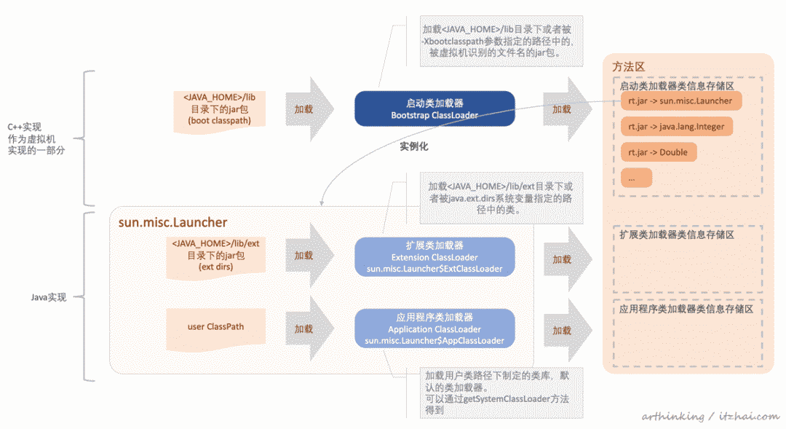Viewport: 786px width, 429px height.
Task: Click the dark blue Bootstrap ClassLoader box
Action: click(x=434, y=109)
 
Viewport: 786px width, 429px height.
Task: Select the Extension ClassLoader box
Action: click(x=434, y=257)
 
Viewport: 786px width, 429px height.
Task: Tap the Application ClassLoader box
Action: click(x=434, y=328)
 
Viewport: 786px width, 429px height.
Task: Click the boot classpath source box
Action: click(x=220, y=111)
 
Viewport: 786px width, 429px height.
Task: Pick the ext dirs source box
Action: click(x=215, y=257)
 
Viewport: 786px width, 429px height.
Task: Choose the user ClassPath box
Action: click(x=215, y=328)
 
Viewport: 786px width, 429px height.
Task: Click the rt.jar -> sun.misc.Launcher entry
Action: click(x=680, y=101)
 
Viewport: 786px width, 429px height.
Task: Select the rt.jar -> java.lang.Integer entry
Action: click(x=676, y=127)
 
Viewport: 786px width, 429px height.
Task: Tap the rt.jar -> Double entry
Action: click(x=658, y=152)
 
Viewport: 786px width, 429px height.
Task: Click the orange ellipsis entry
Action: click(x=636, y=178)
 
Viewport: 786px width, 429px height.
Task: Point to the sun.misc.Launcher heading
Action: click(x=172, y=222)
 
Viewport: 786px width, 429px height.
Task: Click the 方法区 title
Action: click(x=628, y=67)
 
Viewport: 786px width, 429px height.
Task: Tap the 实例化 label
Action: click(x=414, y=146)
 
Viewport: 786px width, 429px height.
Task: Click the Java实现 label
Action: click(x=49, y=298)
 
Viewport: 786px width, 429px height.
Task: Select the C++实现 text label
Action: click(x=25, y=127)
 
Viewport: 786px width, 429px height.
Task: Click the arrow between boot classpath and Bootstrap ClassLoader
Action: click(x=309, y=109)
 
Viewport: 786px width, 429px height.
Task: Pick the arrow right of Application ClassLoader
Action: click(x=568, y=331)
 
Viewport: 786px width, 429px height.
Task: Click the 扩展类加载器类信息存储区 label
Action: click(x=677, y=235)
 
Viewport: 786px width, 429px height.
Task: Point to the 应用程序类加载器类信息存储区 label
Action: click(x=686, y=309)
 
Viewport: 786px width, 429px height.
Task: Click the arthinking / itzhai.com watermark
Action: click(x=710, y=416)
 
